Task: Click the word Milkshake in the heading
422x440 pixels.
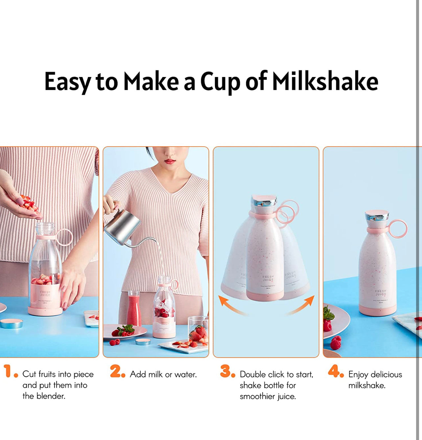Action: pos(325,82)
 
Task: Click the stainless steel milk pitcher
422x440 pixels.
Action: pos(122,227)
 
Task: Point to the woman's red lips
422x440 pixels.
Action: pos(170,161)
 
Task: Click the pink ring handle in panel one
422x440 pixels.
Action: pos(64,237)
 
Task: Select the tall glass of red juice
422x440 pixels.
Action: pos(134,309)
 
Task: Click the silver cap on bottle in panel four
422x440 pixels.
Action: pos(377,216)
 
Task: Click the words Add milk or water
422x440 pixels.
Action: pos(163,374)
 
